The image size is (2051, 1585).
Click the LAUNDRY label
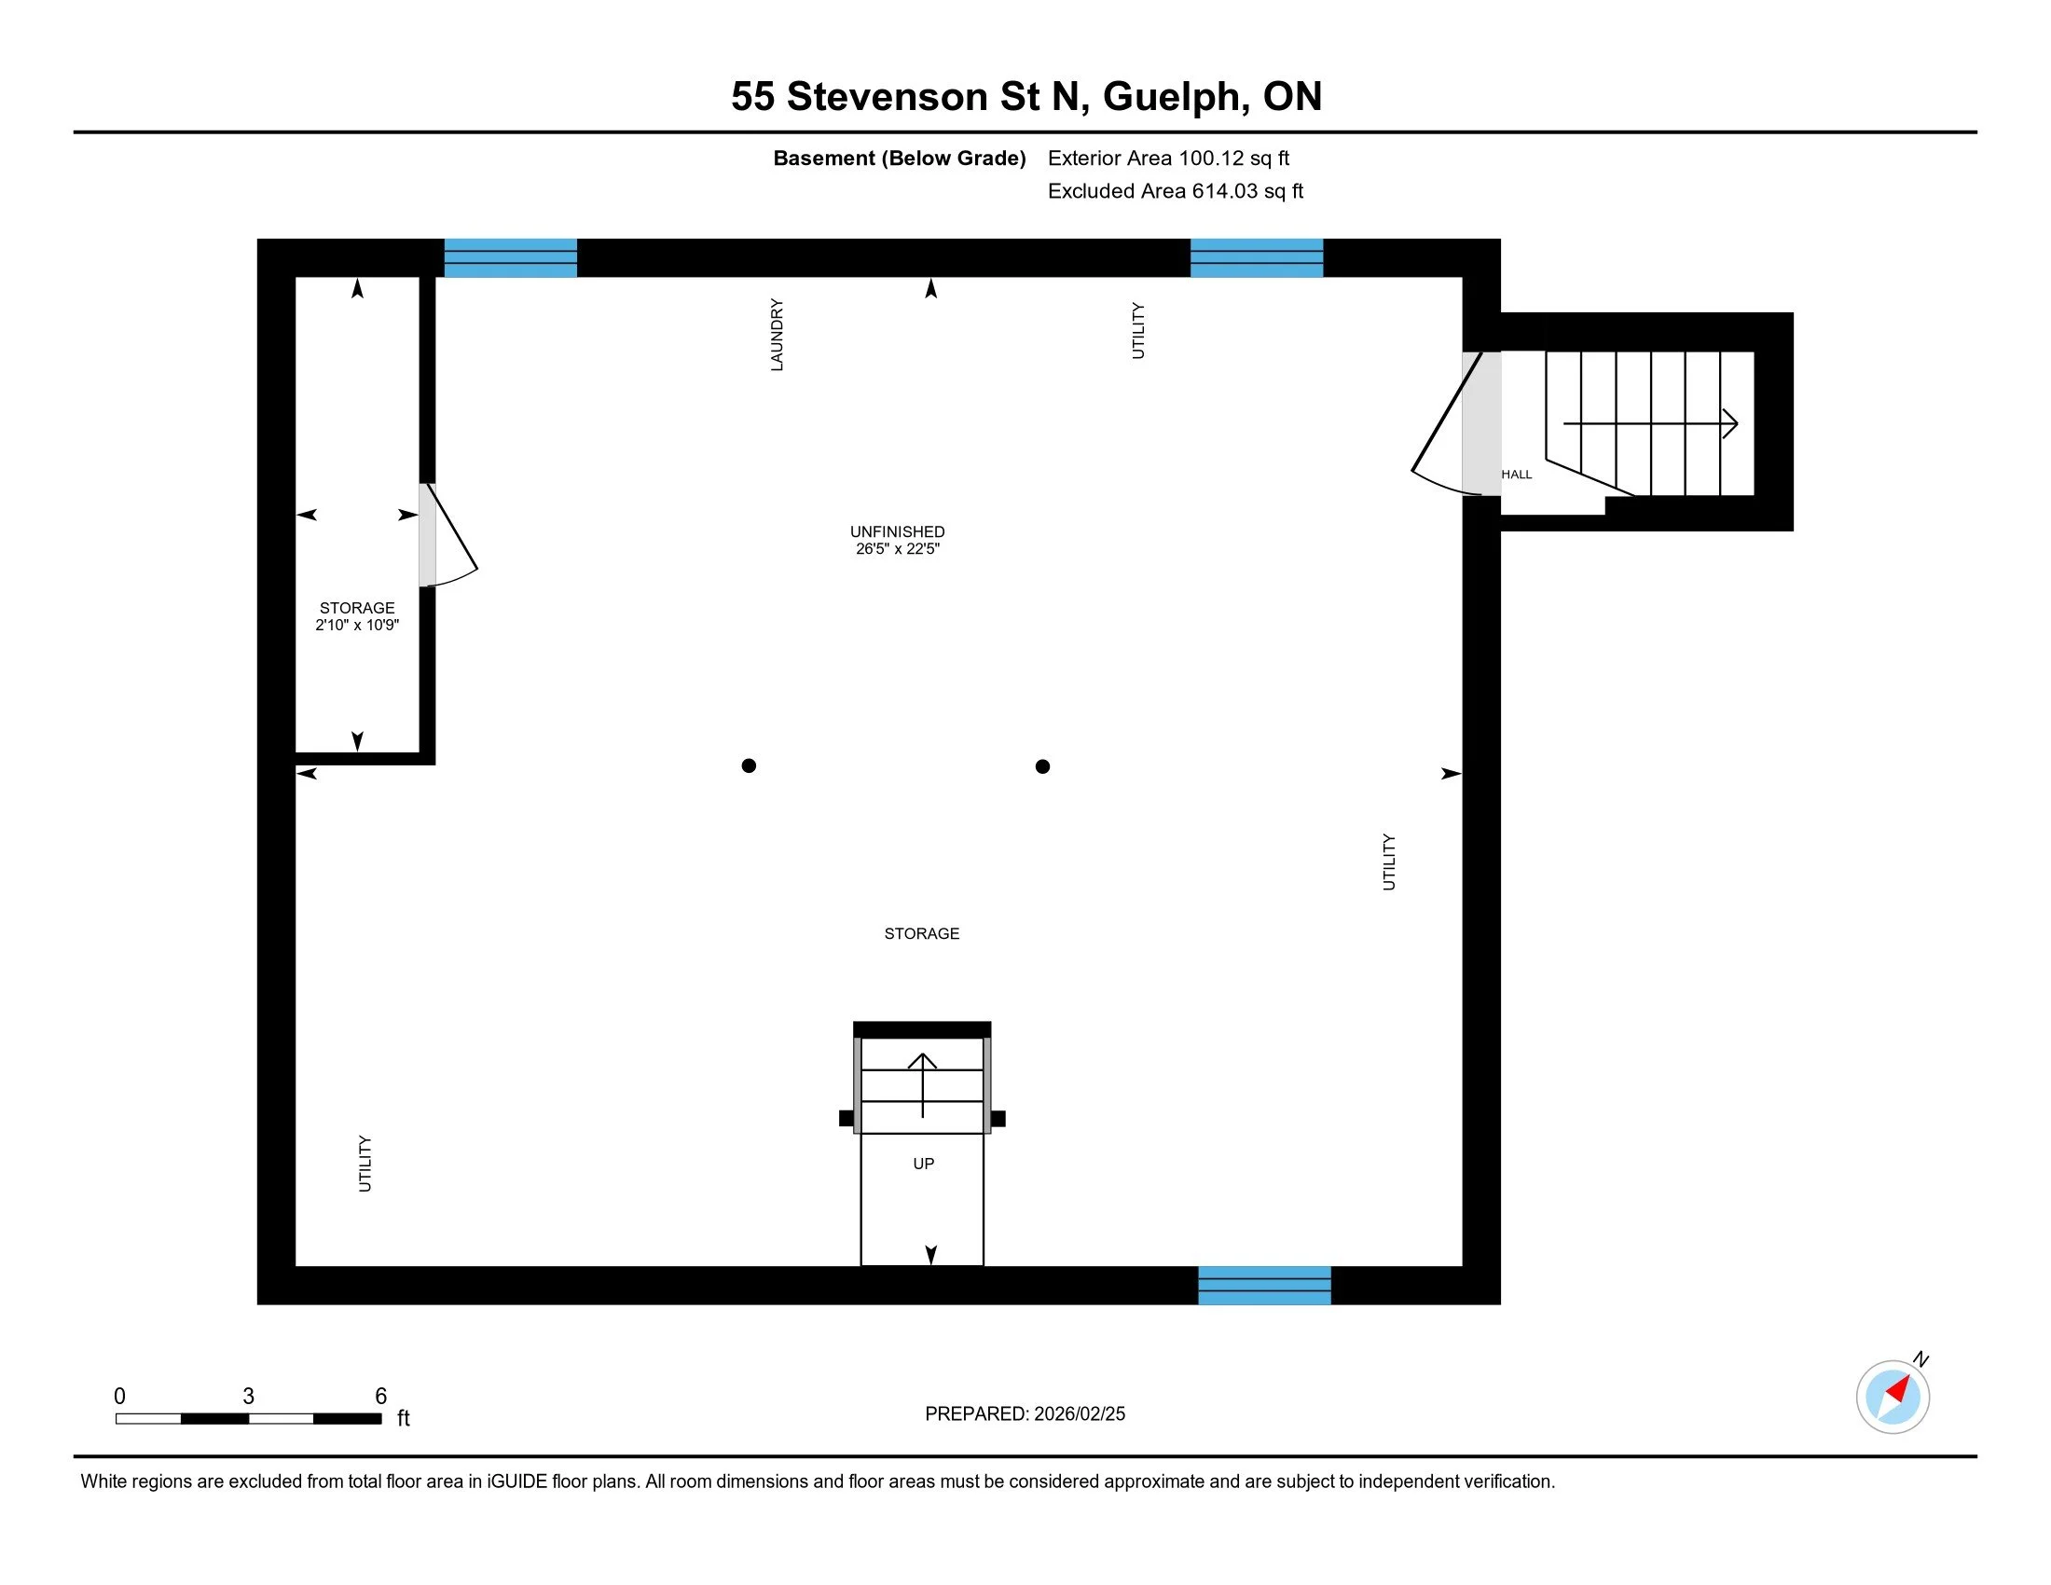777,336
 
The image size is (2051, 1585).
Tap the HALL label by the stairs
1516,475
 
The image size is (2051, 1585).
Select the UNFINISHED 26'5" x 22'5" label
897,540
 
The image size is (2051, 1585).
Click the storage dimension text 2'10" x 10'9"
357,626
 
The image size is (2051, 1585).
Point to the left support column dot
749,765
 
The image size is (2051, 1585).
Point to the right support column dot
1042,766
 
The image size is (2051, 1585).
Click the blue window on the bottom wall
1264,1286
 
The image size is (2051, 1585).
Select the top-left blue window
510,258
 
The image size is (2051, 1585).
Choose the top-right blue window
1257,258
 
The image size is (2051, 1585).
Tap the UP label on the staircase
923,1164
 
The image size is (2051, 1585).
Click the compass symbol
1893,1396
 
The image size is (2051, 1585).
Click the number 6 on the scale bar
380,1397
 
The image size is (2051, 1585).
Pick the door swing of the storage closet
451,540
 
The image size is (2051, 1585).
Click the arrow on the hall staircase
1651,423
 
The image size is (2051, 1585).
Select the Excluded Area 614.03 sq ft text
1175,191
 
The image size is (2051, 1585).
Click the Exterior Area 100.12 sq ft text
1168,158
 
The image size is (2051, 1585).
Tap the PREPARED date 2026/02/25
1025,1414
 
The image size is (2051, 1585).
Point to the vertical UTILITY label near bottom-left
365,1164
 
